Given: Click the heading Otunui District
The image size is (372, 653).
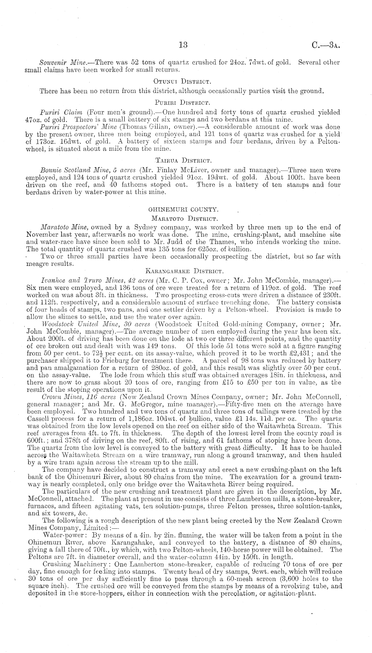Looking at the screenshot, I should (x=183, y=81).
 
